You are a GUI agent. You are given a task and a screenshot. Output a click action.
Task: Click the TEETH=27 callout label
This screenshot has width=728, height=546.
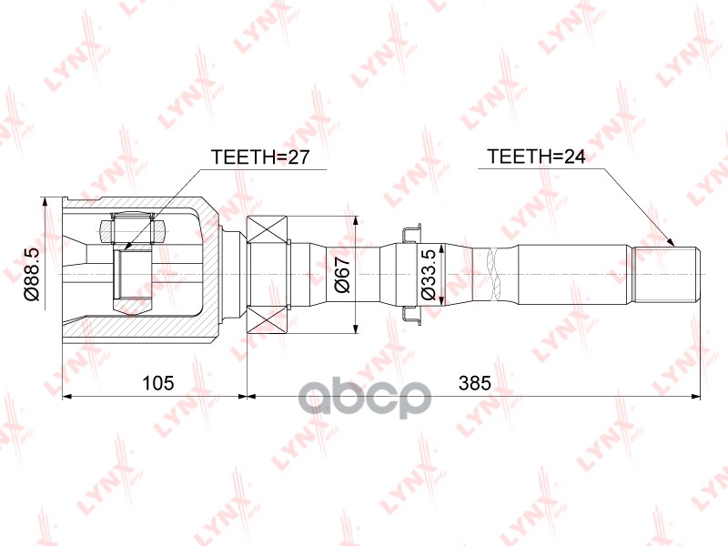tap(261, 157)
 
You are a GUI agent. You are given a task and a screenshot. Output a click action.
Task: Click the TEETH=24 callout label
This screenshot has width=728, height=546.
tap(536, 157)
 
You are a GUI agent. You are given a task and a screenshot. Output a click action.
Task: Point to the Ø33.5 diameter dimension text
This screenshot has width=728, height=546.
tap(427, 274)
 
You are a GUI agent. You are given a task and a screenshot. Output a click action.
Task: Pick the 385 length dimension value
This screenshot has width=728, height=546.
tap(474, 383)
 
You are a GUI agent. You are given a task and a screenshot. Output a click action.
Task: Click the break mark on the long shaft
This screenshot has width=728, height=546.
tap(495, 274)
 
